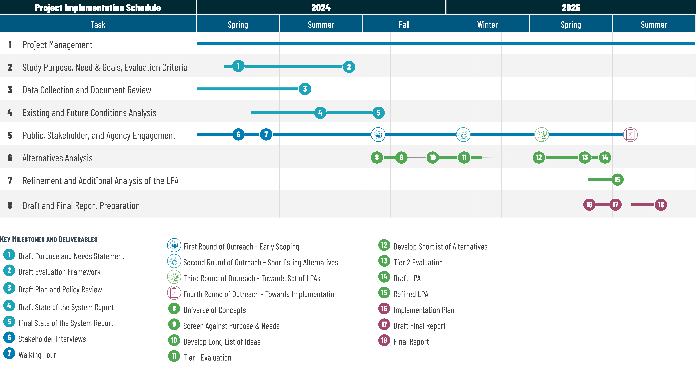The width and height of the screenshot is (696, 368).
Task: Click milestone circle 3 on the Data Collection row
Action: coord(305,89)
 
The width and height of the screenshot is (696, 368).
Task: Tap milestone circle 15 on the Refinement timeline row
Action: coord(617,180)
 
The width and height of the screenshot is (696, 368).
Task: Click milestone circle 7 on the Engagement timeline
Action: coord(266,134)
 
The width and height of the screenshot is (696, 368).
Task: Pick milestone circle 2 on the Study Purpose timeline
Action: coord(349,67)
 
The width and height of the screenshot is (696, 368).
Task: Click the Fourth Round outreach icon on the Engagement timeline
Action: coord(630,134)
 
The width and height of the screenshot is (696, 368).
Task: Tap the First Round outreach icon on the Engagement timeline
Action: coord(378,134)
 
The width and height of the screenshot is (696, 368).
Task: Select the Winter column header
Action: coord(487,25)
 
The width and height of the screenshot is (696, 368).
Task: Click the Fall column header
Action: coord(404,25)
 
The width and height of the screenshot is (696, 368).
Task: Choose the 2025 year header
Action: coord(571,8)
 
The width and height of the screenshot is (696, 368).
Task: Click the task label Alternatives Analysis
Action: coord(58,158)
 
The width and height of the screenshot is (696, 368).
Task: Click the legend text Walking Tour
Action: coord(37,355)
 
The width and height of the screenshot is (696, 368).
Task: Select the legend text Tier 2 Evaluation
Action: coord(418,262)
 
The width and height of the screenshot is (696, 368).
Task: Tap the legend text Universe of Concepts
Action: coord(215,310)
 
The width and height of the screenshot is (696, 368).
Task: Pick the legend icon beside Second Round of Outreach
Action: coord(174,261)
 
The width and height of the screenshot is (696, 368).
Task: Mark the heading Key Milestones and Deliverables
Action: coord(49,239)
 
